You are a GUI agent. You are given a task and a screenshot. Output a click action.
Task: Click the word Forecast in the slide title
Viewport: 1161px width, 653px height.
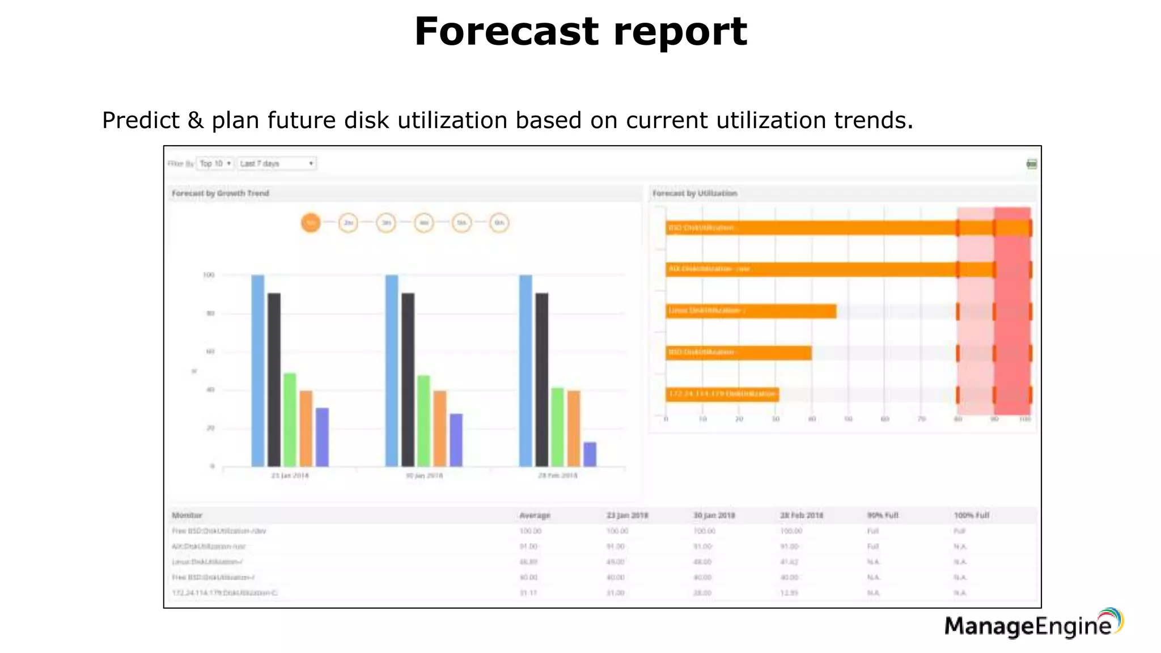(506, 32)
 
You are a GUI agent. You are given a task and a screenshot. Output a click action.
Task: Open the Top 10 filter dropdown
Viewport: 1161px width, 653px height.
(215, 164)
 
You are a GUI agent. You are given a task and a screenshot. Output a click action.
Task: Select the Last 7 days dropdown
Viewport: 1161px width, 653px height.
(277, 164)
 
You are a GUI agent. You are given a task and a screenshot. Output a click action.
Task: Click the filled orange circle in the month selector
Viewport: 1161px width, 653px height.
(311, 223)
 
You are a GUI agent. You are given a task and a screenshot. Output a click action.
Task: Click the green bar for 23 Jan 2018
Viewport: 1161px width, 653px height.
(290, 419)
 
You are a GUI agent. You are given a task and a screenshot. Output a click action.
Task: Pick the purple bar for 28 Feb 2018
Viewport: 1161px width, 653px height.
(590, 454)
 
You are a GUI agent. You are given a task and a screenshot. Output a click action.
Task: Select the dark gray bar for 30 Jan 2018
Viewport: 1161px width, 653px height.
(408, 380)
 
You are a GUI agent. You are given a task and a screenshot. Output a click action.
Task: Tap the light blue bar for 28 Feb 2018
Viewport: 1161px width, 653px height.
(526, 371)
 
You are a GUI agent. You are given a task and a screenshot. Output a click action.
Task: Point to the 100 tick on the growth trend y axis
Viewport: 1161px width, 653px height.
(209, 275)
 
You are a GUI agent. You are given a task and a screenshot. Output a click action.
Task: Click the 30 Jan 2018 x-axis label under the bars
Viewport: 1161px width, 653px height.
(424, 476)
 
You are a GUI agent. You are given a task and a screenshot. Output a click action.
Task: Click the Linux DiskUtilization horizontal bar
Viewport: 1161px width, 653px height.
(751, 311)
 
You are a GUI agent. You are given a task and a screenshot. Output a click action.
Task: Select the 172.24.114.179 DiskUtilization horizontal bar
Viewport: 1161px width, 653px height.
(722, 394)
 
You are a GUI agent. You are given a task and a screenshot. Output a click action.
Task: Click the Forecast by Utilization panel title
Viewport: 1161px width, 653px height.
(694, 193)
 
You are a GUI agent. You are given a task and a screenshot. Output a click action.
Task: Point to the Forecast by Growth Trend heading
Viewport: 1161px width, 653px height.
(221, 193)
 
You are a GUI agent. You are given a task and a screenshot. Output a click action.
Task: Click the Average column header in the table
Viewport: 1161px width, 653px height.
(535, 515)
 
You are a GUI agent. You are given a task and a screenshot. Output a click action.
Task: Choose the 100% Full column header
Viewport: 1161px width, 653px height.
(971, 515)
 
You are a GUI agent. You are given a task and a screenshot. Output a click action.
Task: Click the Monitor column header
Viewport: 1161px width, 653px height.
(187, 515)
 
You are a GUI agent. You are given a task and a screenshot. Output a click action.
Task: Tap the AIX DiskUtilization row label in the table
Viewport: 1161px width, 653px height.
(209, 546)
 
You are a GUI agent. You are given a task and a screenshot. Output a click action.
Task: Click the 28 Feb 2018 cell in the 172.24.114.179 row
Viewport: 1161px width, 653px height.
(789, 593)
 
